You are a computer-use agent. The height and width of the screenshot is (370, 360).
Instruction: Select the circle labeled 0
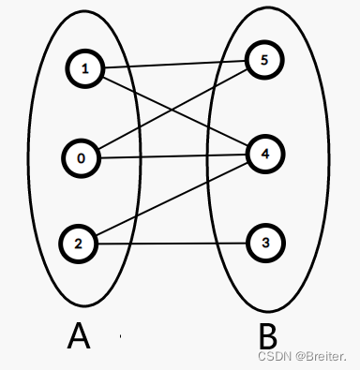(x=82, y=157)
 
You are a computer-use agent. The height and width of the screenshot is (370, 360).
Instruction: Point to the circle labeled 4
(x=265, y=153)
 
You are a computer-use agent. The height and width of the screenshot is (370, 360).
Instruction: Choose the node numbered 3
(x=265, y=244)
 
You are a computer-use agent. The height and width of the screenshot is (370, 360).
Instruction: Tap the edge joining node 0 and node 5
(x=202, y=95)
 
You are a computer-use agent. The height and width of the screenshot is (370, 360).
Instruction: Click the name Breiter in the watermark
(x=325, y=357)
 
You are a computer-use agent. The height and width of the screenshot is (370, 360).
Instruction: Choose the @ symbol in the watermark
(x=296, y=357)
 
